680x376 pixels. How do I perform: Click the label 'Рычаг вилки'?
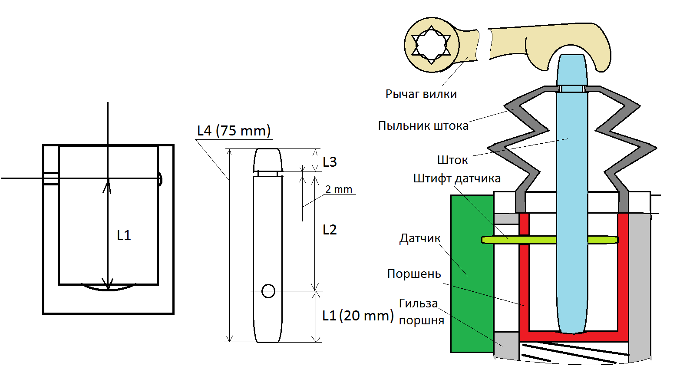click(x=421, y=94)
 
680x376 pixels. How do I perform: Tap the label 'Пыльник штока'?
click(x=423, y=126)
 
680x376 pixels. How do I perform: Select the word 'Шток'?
click(x=452, y=160)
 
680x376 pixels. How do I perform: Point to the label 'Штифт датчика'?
click(x=456, y=178)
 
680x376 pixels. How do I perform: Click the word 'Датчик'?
click(x=420, y=238)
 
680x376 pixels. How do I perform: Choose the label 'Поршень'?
click(x=414, y=274)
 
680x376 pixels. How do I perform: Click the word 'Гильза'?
click(x=418, y=303)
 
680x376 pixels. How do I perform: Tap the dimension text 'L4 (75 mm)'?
click(x=234, y=131)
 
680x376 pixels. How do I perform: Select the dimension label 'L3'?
click(x=330, y=162)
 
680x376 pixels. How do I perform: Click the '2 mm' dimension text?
click(x=339, y=189)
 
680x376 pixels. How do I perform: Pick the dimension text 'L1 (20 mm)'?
click(x=358, y=316)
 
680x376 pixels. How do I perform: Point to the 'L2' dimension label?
click(x=330, y=230)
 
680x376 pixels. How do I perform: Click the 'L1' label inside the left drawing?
click(x=124, y=235)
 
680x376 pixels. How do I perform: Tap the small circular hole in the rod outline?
click(x=268, y=291)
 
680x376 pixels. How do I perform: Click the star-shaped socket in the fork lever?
click(x=431, y=45)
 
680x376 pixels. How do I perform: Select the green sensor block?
click(x=472, y=274)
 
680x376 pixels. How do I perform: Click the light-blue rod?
click(x=572, y=195)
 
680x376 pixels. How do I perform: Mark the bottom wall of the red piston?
click(x=573, y=336)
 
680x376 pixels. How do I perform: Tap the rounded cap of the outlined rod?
click(x=267, y=159)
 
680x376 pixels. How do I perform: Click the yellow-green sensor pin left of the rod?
click(x=519, y=240)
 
